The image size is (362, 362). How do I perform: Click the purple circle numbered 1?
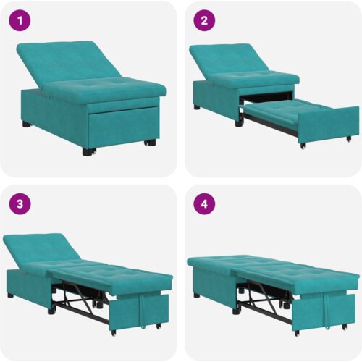coord(20,20)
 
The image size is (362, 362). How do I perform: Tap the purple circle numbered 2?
coord(204,20)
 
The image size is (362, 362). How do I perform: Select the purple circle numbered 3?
coord(20,204)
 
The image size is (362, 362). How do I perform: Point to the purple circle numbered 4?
coord(204,204)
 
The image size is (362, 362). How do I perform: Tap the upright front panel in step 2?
coord(329,125)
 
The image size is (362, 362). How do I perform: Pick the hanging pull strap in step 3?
coord(143,311)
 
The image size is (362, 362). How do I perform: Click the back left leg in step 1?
coord(27,125)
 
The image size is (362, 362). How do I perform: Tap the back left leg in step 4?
coord(197,295)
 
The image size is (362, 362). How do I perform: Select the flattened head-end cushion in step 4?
coord(217,263)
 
